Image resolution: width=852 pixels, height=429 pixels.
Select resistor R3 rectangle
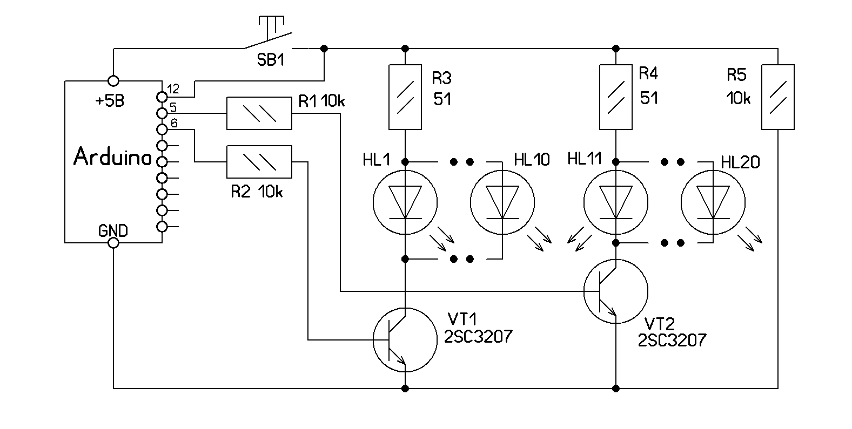point(405,97)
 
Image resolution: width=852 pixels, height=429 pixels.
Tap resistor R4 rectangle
point(616,97)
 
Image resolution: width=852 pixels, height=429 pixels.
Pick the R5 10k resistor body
point(778,97)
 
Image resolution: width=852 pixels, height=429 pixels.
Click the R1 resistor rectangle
point(259,113)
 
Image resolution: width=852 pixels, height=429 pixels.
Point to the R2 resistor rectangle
point(259,162)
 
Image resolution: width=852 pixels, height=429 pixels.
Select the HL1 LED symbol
point(405,203)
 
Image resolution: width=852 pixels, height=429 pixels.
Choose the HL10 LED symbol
point(502,203)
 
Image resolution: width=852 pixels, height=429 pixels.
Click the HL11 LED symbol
point(616,203)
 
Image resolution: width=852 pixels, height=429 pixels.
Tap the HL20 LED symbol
point(713,203)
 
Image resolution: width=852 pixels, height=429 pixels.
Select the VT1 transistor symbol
point(405,340)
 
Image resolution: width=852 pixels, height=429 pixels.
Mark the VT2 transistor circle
point(616,291)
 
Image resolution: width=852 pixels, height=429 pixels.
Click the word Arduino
point(112,157)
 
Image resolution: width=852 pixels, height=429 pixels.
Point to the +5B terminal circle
point(113,81)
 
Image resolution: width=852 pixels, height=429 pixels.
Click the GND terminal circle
point(113,243)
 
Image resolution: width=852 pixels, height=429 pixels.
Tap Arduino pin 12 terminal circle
point(162,97)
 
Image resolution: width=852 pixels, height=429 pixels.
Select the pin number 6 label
point(174,124)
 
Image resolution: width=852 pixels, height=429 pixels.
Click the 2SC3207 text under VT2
point(672,341)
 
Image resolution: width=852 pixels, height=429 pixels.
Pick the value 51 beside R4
point(649,98)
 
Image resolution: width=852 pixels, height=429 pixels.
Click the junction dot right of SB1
point(324,49)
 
